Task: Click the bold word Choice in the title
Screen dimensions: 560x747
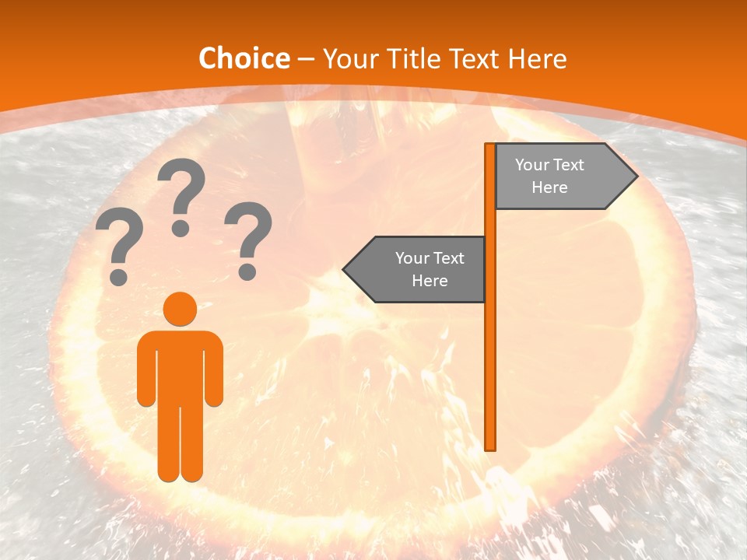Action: click(244, 58)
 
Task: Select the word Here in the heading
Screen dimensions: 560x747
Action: click(537, 58)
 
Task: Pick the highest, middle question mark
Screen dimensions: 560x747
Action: click(181, 194)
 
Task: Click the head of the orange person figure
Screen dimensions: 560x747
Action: click(181, 308)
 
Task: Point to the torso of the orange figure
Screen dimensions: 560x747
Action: click(181, 366)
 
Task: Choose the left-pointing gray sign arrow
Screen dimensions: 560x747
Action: click(416, 270)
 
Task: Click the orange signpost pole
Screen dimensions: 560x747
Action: click(490, 350)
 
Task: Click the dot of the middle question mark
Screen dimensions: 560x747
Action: click(181, 229)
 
